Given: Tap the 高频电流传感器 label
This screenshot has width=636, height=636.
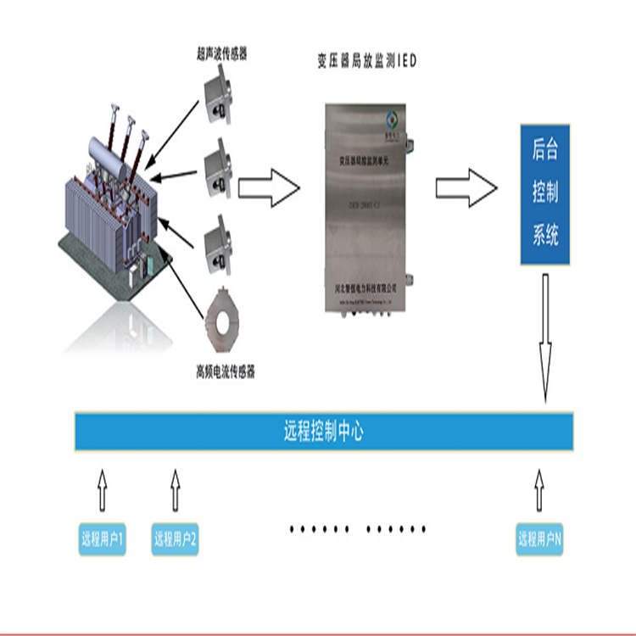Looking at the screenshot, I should [x=226, y=371].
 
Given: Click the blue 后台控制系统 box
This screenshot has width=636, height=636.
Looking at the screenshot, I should [x=545, y=193].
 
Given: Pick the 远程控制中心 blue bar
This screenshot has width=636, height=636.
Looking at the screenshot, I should [x=324, y=432].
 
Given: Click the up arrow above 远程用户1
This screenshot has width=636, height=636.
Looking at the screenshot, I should [x=102, y=492].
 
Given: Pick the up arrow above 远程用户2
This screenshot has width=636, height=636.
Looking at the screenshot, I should [x=176, y=492].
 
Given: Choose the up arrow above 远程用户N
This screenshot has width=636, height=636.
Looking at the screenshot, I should [x=540, y=492].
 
